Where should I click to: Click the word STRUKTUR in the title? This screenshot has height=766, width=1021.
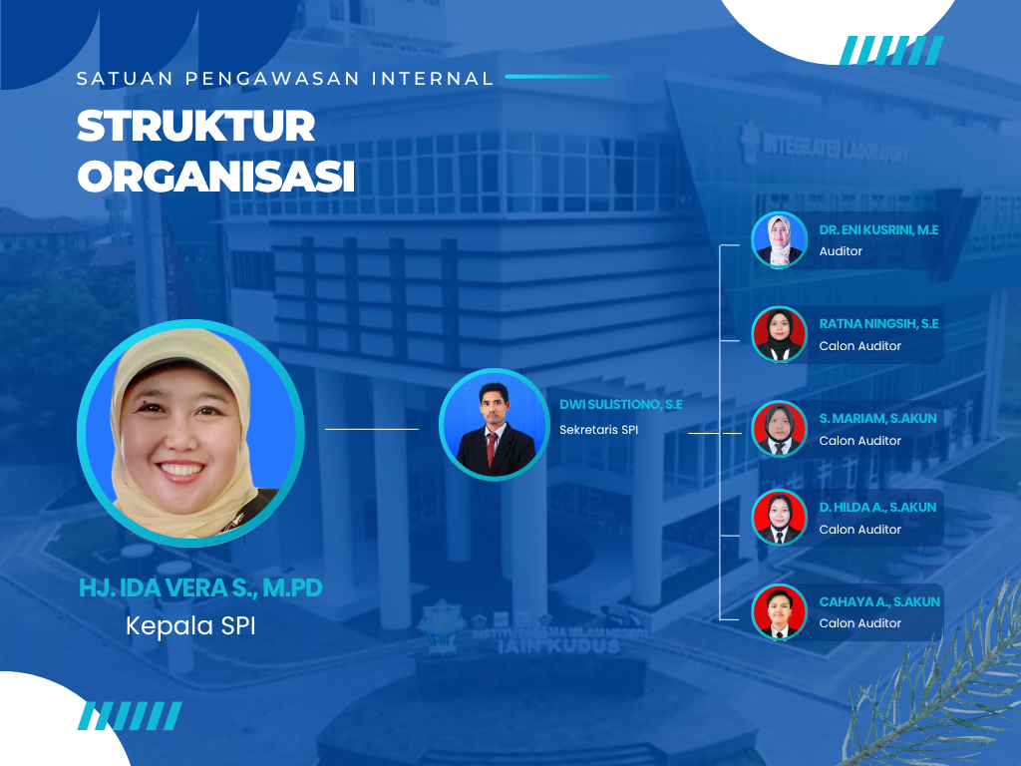pos(196,126)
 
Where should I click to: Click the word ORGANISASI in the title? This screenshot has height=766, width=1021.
pos(216,176)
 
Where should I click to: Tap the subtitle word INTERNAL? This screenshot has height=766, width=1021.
pos(433,79)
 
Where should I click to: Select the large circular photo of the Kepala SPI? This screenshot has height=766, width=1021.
pos(190,433)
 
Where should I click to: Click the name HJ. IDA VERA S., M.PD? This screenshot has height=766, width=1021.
pos(200,587)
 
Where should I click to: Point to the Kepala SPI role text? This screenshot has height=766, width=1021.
pos(190,625)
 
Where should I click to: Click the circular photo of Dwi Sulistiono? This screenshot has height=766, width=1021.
pos(495,424)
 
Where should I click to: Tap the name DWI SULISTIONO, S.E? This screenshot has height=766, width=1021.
pos(621,405)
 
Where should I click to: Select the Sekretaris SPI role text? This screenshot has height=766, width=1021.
pos(599,430)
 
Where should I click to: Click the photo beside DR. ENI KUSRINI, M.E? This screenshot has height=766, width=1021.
pos(779,240)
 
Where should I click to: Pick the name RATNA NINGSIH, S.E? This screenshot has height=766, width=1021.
pos(878,324)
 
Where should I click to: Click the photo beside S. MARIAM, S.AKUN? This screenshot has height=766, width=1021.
pos(779,429)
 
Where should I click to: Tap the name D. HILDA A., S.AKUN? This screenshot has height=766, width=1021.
pos(877,507)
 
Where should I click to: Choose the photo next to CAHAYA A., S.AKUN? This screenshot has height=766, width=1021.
pos(779,612)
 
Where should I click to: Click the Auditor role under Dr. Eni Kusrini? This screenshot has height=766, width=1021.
pos(841,251)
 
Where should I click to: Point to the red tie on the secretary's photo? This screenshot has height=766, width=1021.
pos(492,448)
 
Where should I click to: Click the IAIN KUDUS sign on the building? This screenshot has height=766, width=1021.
pos(558,646)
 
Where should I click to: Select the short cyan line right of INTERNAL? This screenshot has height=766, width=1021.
pos(558,77)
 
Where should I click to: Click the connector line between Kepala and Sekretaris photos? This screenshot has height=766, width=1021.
pos(372,429)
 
